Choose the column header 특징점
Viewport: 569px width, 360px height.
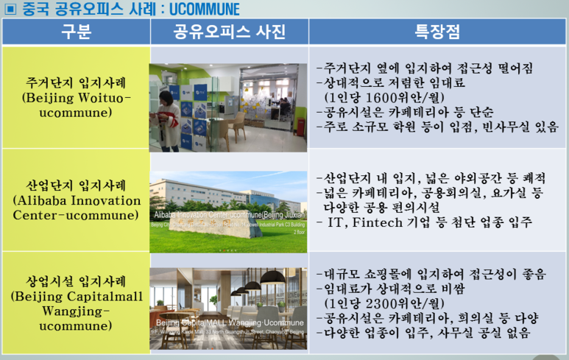click(437, 32)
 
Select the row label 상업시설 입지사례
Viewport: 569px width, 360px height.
click(76, 281)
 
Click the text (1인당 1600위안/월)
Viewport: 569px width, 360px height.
click(385, 97)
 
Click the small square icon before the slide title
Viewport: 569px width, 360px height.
click(10, 9)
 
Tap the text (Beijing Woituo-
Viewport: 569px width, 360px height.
click(76, 97)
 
